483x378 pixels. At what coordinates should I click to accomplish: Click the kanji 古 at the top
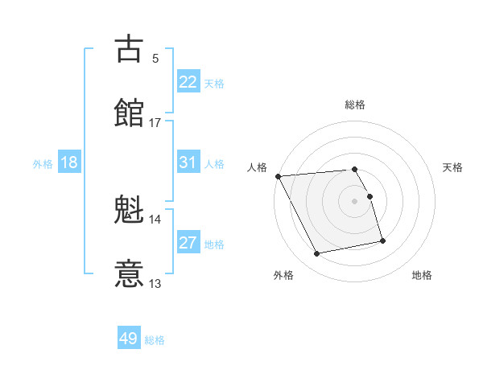coord(130,48)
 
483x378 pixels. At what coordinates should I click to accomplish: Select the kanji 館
coord(130,112)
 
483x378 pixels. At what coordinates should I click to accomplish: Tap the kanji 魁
coord(130,211)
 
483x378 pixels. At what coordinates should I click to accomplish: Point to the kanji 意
coord(130,273)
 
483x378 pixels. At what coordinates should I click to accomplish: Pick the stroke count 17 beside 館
coord(155,122)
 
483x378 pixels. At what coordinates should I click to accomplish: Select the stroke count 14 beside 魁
coord(155,220)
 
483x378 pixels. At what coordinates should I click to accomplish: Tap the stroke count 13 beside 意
coord(155,283)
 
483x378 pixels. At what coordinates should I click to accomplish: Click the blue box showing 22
coord(188,82)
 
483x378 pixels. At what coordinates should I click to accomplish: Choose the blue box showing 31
coord(188,162)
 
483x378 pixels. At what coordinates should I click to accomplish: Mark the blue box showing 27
coord(188,243)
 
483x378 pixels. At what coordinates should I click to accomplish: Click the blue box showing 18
coord(69,162)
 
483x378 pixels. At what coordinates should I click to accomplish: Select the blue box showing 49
coord(128,339)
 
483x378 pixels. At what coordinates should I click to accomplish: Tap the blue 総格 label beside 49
coord(155,340)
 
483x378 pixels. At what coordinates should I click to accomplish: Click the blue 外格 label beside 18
coord(43,164)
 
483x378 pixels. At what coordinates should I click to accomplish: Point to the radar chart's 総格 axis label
coord(355,105)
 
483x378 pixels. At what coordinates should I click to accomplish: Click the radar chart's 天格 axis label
coord(453,167)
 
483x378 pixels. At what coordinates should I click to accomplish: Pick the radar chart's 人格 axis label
coord(257,167)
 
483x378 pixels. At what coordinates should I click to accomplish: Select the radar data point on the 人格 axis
coord(278,176)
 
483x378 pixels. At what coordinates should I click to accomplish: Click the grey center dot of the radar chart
coord(355,201)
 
